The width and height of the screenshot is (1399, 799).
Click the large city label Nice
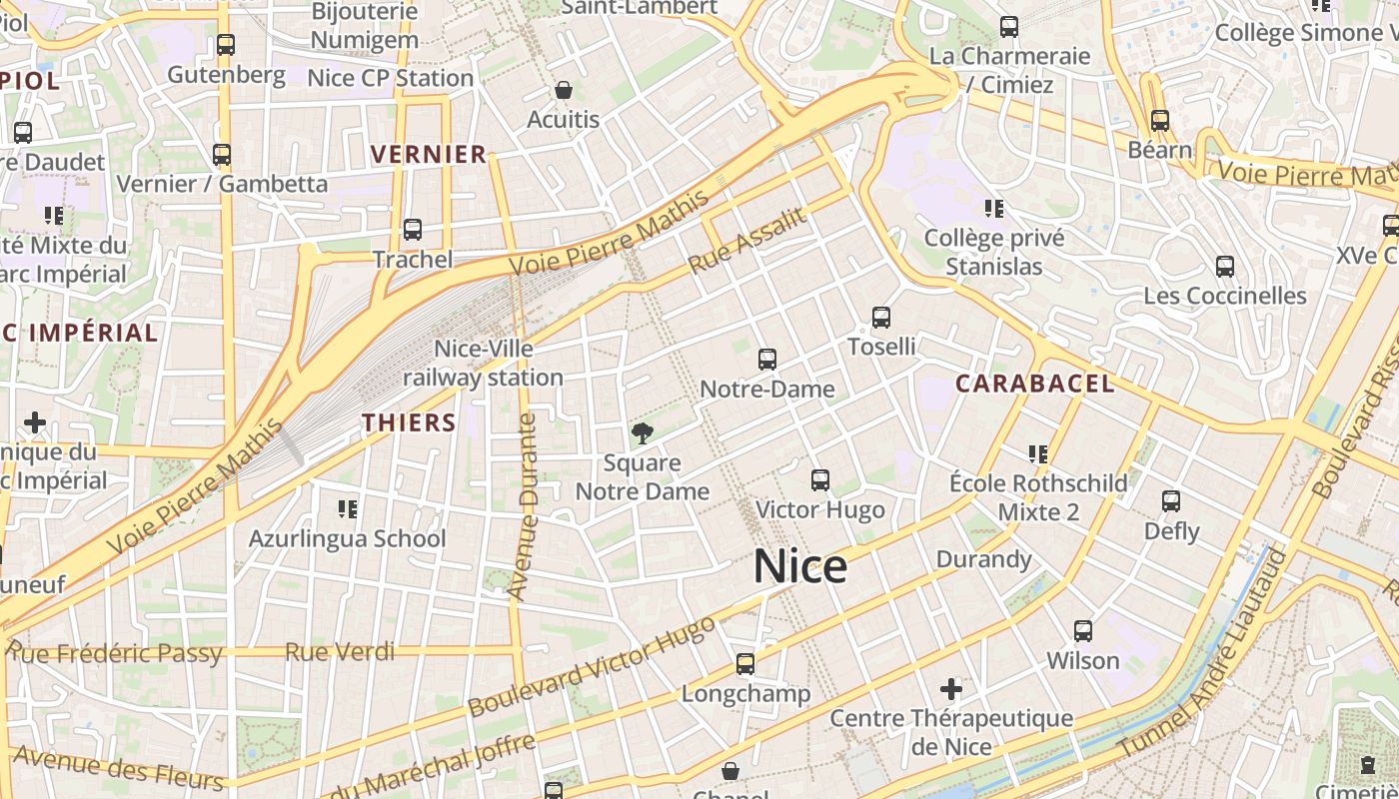(x=800, y=566)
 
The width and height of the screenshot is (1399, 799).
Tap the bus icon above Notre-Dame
(x=767, y=360)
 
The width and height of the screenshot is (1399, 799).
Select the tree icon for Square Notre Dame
(x=643, y=433)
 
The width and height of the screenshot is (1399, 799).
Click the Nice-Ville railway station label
(x=484, y=364)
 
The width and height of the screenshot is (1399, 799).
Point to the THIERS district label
(x=410, y=422)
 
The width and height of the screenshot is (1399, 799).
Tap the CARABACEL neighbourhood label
(x=1035, y=384)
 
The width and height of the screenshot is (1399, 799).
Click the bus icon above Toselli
(x=880, y=318)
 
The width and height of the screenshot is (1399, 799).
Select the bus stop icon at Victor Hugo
(x=820, y=480)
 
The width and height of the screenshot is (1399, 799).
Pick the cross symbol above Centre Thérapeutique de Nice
(x=951, y=688)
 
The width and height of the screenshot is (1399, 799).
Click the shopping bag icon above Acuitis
(x=564, y=91)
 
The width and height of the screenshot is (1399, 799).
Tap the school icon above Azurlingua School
(x=347, y=509)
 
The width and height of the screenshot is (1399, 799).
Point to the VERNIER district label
(x=429, y=155)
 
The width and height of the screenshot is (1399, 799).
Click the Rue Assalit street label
(x=747, y=242)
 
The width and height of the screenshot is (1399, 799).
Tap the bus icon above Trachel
(x=413, y=230)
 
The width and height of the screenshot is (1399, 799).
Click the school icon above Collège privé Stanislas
(x=993, y=208)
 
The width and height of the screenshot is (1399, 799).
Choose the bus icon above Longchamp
(x=745, y=663)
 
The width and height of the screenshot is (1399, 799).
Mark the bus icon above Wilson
(x=1083, y=631)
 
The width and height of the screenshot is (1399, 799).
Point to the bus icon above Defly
(x=1171, y=501)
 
